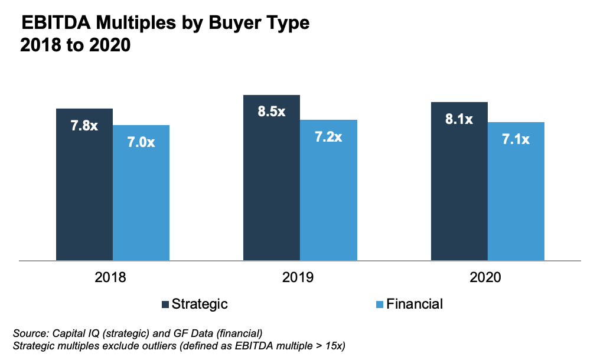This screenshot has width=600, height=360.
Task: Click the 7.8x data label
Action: pyautogui.click(x=84, y=126)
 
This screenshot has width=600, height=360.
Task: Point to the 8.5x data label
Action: pyautogui.click(x=272, y=112)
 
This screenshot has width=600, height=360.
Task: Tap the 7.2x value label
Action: pyautogui.click(x=328, y=137)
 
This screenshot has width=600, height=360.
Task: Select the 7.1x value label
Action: pyautogui.click(x=516, y=139)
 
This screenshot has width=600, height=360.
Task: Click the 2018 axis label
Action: pyautogui.click(x=110, y=277)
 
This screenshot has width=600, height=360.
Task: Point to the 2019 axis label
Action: pyautogui.click(x=298, y=277)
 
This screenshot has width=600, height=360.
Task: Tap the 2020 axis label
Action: pyautogui.click(x=485, y=277)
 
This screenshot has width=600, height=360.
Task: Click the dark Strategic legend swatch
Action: pyautogui.click(x=165, y=305)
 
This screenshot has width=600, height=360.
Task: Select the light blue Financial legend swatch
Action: pyautogui.click(x=380, y=305)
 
